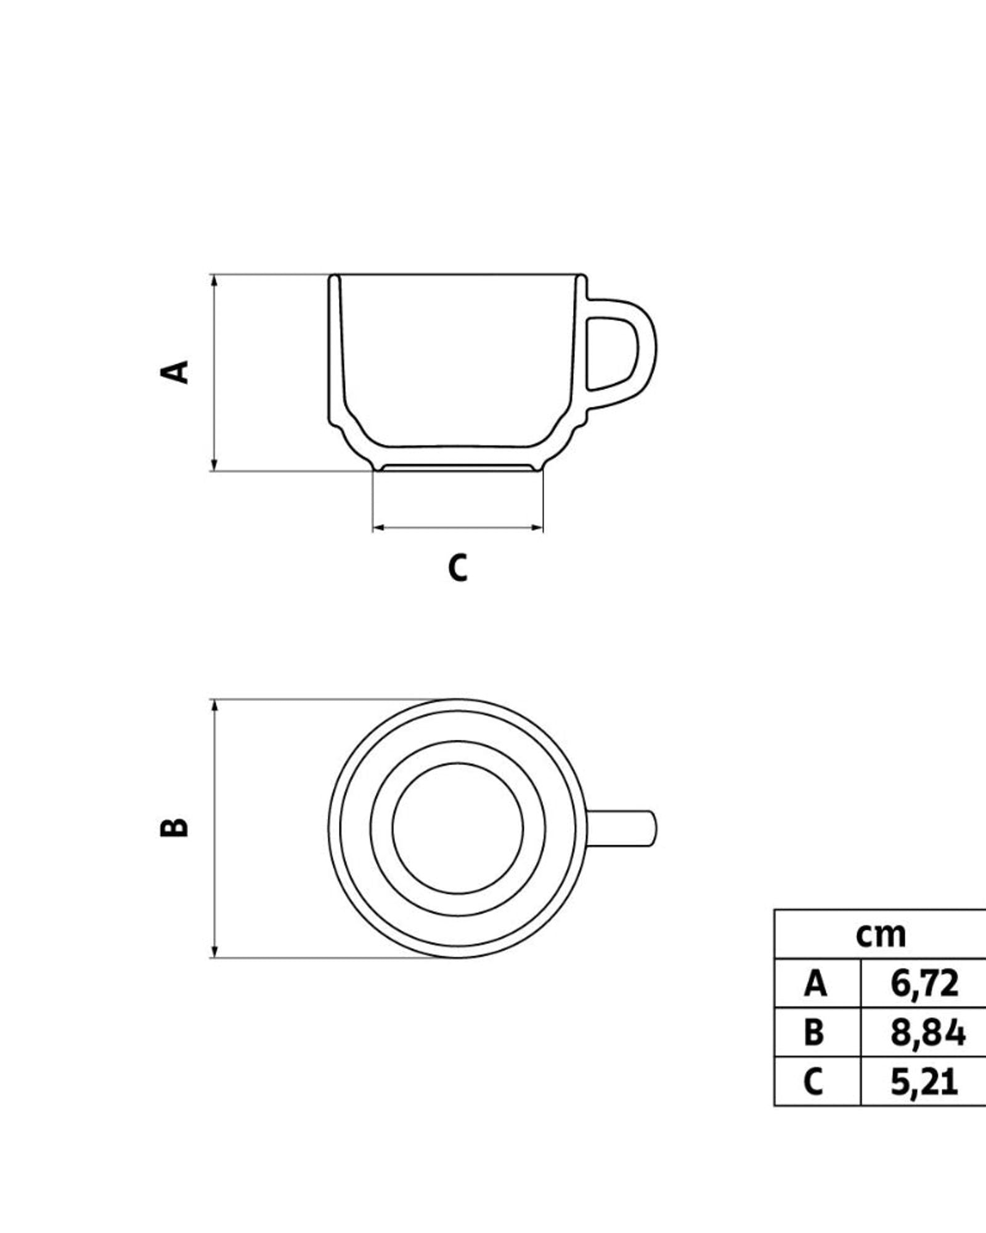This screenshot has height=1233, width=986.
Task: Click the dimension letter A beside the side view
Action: point(174,372)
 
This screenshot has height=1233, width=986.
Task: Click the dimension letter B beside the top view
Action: point(174,827)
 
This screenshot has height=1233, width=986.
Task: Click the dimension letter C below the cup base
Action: point(458,568)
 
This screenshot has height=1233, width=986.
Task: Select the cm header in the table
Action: point(881,935)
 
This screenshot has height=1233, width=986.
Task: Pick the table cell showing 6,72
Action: point(924,983)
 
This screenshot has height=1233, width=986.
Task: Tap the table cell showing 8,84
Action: point(927,1032)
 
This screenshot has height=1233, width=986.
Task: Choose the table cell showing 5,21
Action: point(924,1081)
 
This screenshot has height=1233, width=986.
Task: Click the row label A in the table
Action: point(815,983)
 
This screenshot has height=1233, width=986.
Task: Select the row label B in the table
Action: point(814,1032)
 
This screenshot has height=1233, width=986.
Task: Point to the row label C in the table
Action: point(813,1081)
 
